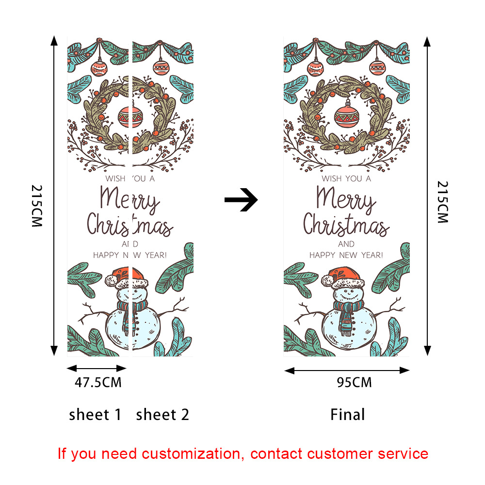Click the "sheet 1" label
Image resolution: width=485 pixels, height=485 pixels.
click(95, 415)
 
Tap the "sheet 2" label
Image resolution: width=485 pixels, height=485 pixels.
click(162, 415)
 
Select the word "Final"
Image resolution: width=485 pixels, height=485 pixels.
click(347, 415)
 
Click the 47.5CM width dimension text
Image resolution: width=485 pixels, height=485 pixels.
click(98, 383)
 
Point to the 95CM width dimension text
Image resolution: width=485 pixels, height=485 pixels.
click(354, 383)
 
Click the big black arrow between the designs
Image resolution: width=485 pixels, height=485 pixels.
click(241, 200)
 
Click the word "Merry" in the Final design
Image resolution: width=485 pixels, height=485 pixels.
click(346, 199)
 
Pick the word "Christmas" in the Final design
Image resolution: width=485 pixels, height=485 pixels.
click(346, 226)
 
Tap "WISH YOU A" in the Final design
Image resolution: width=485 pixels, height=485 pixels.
click(346, 178)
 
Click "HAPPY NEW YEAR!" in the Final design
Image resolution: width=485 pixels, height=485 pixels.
click(346, 255)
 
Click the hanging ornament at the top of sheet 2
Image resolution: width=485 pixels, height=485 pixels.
click(161, 67)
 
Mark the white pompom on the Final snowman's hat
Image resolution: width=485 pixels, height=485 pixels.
click(328, 280)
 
